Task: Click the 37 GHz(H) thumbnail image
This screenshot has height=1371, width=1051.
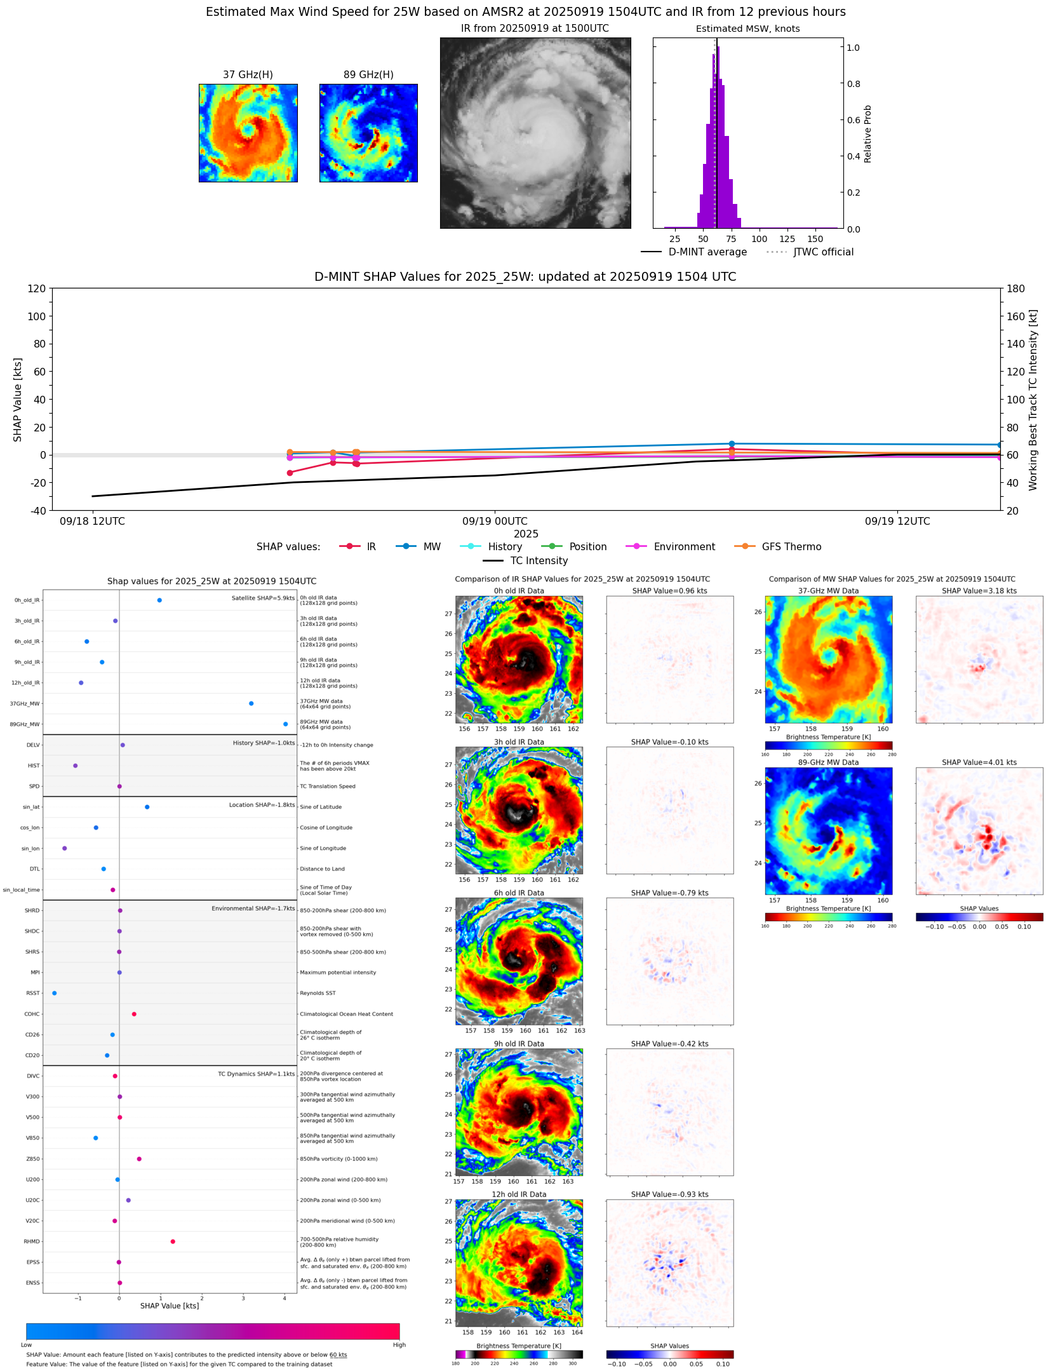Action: coord(248,133)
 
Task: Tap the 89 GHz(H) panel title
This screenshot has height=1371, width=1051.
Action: coord(368,75)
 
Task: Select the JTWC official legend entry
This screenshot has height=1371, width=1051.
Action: coord(823,252)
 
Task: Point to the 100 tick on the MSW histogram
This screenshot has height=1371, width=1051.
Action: coord(759,239)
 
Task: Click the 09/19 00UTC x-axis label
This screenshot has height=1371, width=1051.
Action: coord(495,522)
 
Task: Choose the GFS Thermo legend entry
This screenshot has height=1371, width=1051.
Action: coord(791,547)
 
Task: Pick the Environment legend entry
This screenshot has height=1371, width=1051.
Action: coord(684,547)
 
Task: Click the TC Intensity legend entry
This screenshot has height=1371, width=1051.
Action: coord(539,561)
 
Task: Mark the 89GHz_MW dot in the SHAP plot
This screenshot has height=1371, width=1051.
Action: coord(285,724)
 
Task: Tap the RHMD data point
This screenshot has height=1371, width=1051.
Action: coord(173,1241)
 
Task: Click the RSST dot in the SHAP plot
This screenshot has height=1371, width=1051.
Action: coord(54,993)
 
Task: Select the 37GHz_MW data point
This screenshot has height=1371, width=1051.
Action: coord(251,703)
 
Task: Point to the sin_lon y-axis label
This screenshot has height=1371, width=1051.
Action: coord(30,849)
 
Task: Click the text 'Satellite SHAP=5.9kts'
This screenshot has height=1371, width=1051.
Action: coord(263,598)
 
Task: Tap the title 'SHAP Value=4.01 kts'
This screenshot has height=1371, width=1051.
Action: coord(979,762)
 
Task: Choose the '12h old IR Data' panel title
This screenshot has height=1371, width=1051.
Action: coord(519,1194)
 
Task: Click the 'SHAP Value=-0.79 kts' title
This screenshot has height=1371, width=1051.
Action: coord(669,893)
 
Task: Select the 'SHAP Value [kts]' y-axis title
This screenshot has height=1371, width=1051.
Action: coord(18,400)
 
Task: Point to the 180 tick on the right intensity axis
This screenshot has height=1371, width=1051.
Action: coord(1015,288)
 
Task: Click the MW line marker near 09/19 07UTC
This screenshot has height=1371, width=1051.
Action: coord(732,444)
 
